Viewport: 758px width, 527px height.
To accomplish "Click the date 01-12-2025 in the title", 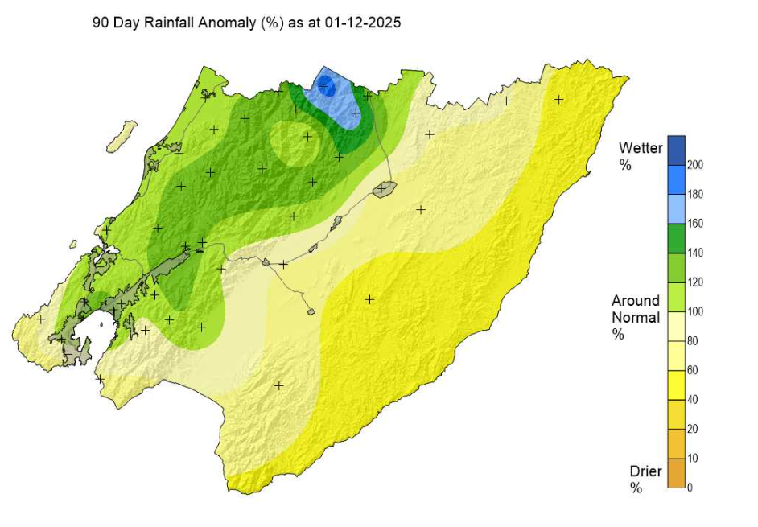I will [x=361, y=23].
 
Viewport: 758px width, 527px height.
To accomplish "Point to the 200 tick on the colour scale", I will [x=695, y=165].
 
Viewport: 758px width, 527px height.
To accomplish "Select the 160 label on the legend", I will [x=695, y=223].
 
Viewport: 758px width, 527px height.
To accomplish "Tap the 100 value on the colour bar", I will [x=695, y=311].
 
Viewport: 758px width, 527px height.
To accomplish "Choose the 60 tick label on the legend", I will [x=693, y=370].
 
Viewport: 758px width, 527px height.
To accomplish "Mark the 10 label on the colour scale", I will [x=693, y=458].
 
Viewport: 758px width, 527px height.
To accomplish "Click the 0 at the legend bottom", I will [x=690, y=487].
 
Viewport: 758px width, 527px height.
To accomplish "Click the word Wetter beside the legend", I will [x=641, y=148].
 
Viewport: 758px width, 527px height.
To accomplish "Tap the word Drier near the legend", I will [x=645, y=471].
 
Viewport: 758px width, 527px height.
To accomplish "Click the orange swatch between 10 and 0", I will [x=675, y=472].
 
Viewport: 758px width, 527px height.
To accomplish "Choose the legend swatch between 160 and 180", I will [x=675, y=208].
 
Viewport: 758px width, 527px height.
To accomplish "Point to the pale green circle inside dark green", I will [x=294, y=142].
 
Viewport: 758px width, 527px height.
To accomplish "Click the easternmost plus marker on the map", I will [x=558, y=99].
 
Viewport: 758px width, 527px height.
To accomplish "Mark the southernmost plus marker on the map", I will [x=279, y=385].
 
